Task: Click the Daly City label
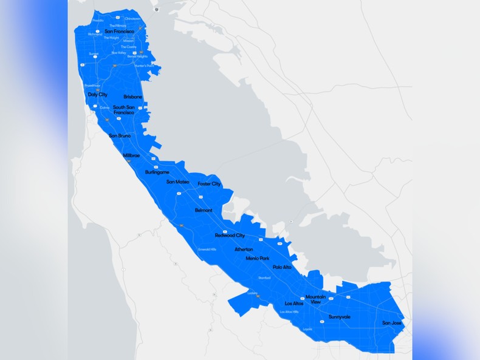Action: [x=97, y=95]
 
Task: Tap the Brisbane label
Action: [x=132, y=97]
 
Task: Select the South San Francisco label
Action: [x=124, y=110]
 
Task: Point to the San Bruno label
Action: [x=120, y=136]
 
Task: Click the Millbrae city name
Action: [x=131, y=155]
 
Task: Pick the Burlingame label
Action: [x=157, y=172]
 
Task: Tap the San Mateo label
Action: [x=177, y=182]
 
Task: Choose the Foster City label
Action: [x=209, y=183]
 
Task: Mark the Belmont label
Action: [x=204, y=210]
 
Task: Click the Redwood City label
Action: [x=230, y=236]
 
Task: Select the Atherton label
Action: [x=244, y=250]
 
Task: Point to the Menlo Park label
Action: [x=257, y=258]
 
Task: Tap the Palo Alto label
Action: [x=282, y=267]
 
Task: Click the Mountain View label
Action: [x=316, y=299]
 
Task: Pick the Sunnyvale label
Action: [x=340, y=317]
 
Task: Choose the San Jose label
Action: [x=391, y=323]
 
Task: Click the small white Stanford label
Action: [x=264, y=278]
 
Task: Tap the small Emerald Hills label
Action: [x=207, y=249]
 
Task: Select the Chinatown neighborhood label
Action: [x=132, y=19]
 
